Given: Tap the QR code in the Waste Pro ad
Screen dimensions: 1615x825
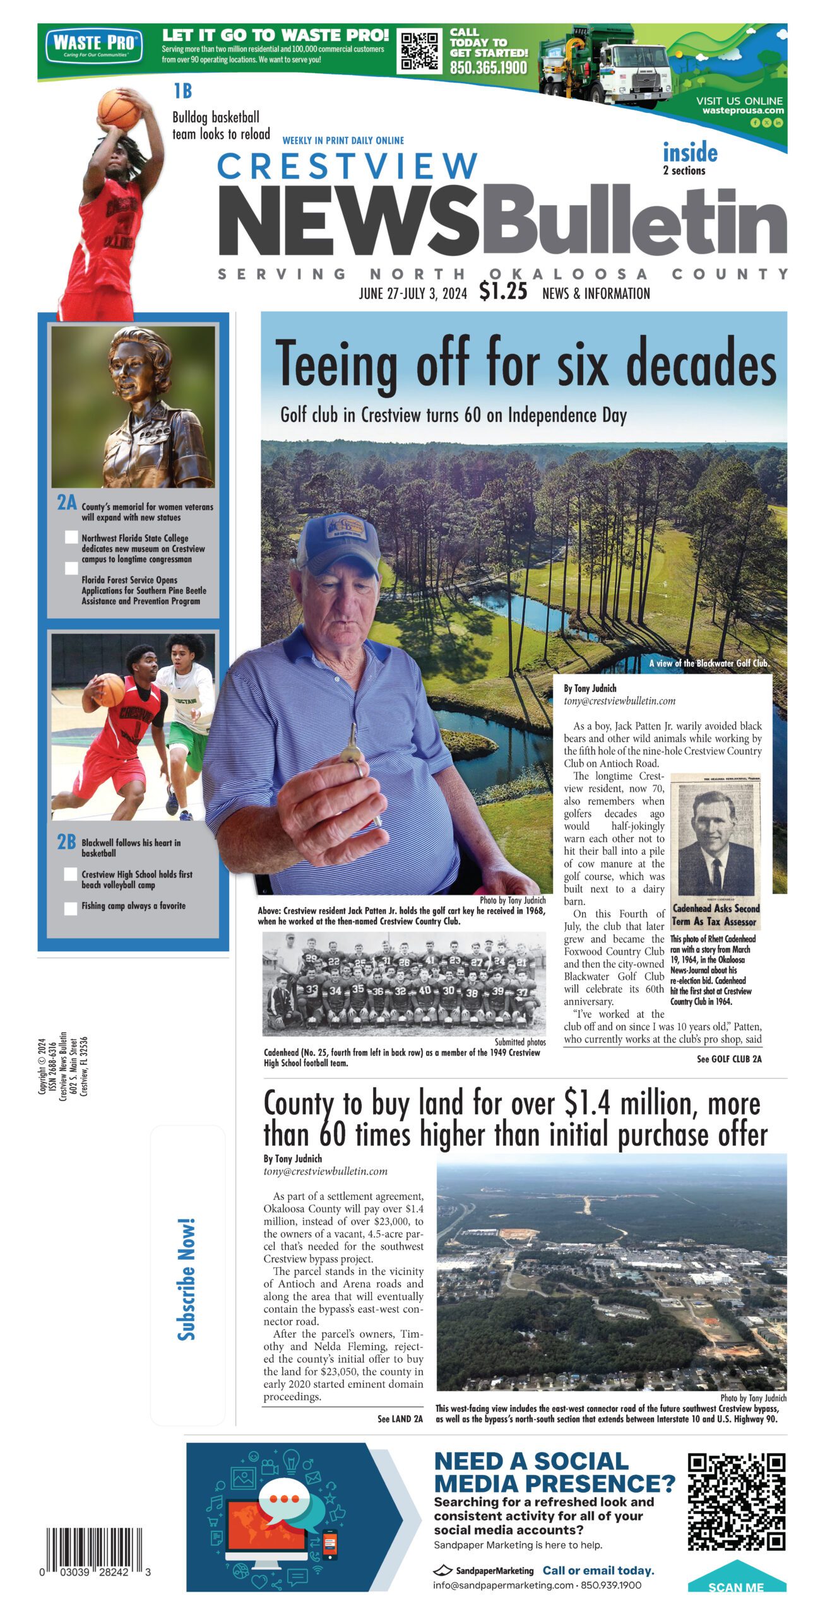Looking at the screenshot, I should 420,50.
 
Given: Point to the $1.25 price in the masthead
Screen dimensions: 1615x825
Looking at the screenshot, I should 502,291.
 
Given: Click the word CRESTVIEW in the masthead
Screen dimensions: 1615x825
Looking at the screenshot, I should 347,166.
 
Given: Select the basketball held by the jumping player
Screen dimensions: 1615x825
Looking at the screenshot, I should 118,109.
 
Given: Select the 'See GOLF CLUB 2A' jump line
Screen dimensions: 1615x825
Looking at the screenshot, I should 729,1059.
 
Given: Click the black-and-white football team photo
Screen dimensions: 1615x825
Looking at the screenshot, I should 404,982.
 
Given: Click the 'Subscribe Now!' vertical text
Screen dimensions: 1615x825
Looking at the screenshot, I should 186,1280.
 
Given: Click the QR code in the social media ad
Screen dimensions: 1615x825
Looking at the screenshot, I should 736,1501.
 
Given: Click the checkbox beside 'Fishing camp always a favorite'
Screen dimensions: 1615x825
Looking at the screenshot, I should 71,908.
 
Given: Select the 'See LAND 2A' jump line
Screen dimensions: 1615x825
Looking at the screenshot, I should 400,1419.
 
